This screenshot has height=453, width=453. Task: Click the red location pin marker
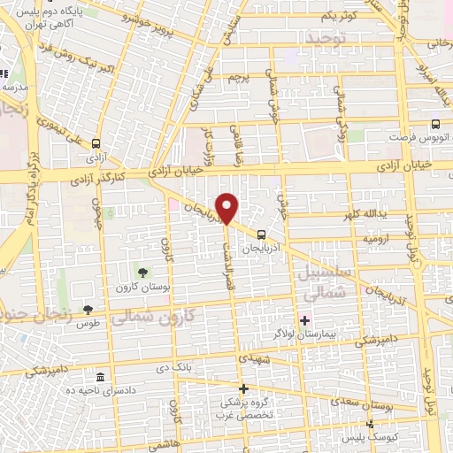tap(228, 208)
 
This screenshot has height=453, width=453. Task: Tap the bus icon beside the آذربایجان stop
tap(261, 234)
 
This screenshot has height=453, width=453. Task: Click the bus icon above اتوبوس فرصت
tap(435, 125)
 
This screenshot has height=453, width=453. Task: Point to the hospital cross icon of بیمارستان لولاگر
tap(305, 320)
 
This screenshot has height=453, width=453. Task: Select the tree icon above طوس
tap(88, 309)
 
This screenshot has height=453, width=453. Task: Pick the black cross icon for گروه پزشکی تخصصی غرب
tap(244, 388)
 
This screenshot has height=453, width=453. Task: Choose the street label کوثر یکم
tap(339, 16)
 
